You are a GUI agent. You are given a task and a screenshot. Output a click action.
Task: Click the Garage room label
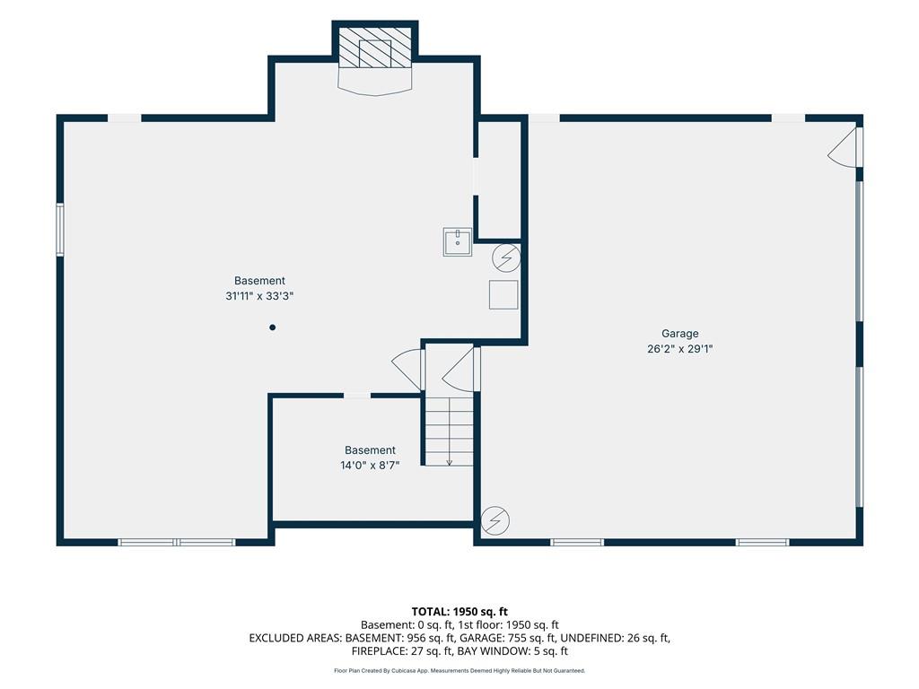(680, 334)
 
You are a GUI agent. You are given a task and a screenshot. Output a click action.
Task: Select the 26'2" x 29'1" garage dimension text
(680, 349)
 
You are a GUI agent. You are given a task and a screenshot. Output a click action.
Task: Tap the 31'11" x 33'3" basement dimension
(259, 296)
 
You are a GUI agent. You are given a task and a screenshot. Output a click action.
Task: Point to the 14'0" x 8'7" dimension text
(370, 466)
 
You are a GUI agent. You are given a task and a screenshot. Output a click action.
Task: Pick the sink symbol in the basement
(457, 242)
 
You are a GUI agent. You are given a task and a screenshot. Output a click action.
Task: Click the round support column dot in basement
(273, 327)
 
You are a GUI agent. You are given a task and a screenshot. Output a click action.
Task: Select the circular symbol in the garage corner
(495, 520)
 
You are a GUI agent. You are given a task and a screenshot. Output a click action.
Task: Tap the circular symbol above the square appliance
(506, 257)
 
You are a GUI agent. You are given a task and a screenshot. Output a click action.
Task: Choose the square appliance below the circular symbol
(503, 294)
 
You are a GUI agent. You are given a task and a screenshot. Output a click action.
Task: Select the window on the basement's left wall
(60, 229)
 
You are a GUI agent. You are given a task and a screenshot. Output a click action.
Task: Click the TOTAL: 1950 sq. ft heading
(459, 612)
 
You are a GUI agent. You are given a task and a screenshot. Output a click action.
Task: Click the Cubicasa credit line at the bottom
(459, 671)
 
